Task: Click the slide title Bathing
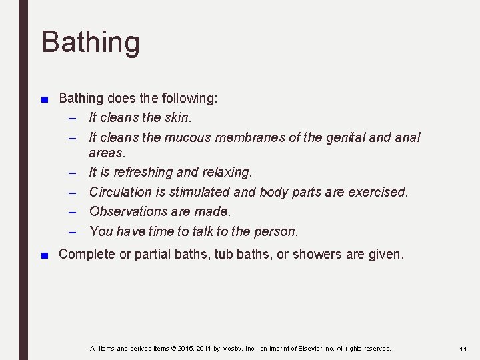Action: [91, 41]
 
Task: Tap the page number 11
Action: [463, 349]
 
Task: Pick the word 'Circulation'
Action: [121, 192]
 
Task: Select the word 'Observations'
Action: [129, 211]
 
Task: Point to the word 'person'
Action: [278, 231]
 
